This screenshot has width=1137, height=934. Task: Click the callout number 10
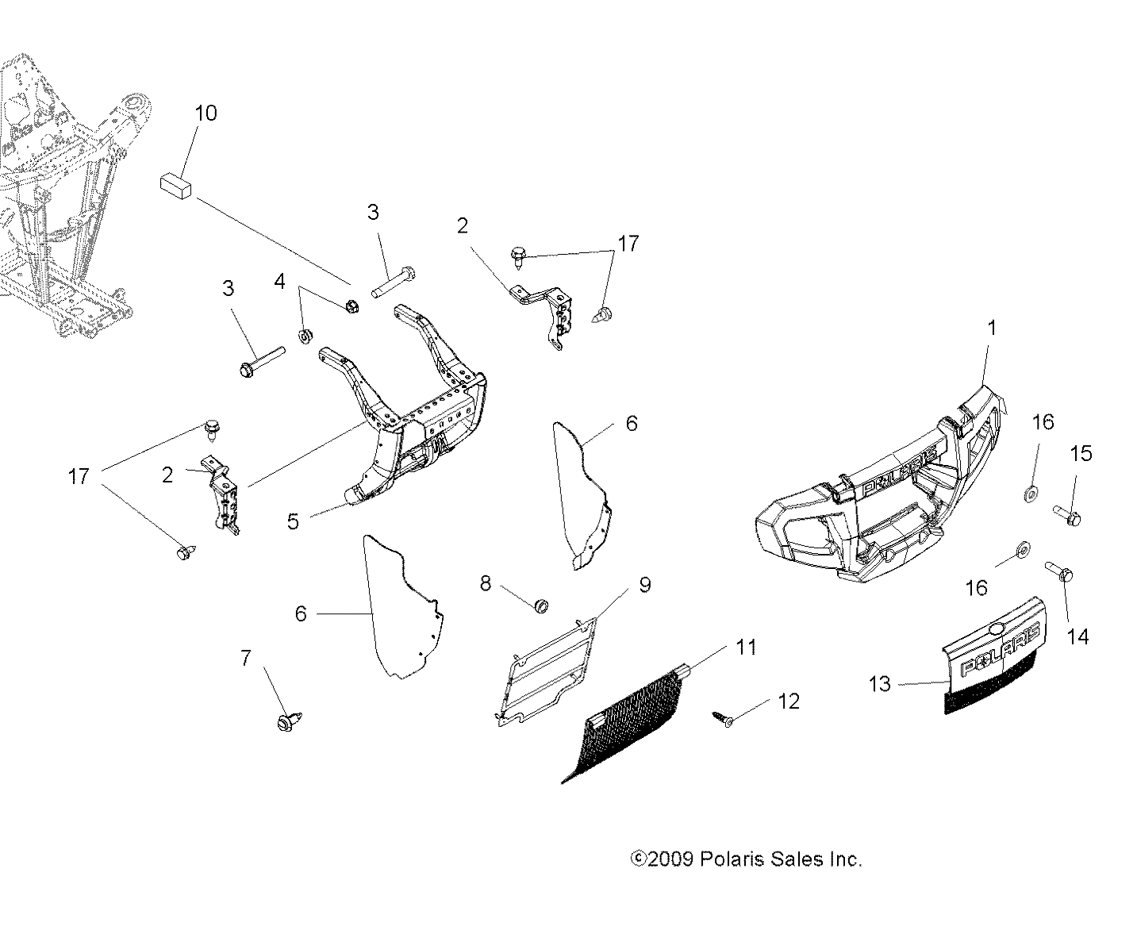(x=206, y=113)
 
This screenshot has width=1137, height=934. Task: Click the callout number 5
(x=293, y=522)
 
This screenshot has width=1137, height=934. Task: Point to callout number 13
(x=880, y=683)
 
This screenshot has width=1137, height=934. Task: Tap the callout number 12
(x=789, y=701)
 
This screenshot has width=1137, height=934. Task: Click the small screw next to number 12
(x=723, y=717)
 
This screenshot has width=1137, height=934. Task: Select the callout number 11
(x=745, y=648)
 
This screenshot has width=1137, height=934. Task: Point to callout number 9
(x=644, y=585)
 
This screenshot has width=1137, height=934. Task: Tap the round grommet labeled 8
(x=543, y=607)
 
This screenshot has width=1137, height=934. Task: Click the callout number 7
(x=245, y=657)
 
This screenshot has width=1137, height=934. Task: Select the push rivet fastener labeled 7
(x=283, y=722)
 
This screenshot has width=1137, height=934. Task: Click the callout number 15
(x=1081, y=453)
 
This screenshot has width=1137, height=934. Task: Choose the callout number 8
(x=485, y=583)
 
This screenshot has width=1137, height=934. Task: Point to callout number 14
(x=1078, y=636)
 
